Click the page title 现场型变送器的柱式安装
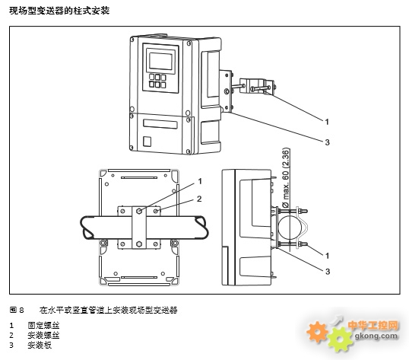[x=59, y=11]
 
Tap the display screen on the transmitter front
[x=160, y=61]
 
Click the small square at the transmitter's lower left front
[x=147, y=142]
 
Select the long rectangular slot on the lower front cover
[x=160, y=124]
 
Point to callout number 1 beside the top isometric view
[x=327, y=122]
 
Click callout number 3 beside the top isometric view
[x=328, y=142]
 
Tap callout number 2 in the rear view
[x=199, y=199]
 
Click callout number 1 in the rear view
[x=200, y=181]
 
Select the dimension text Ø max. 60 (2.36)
[x=286, y=178]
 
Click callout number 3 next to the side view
[x=328, y=272]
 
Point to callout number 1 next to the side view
[x=328, y=256]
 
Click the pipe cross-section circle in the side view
[x=290, y=227]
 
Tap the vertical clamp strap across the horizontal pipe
[x=139, y=227]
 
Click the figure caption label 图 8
[x=17, y=310]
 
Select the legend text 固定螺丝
[x=43, y=325]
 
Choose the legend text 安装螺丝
[x=43, y=335]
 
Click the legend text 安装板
[x=40, y=345]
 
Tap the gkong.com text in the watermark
[x=376, y=336]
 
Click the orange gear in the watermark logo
[x=317, y=332]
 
